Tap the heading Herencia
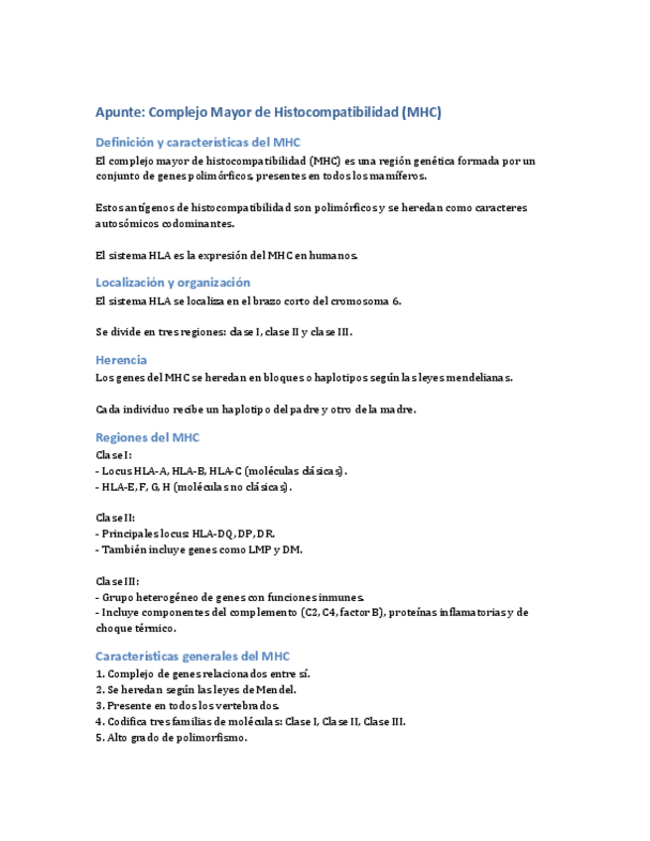pos(121,359)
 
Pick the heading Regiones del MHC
pos(147,436)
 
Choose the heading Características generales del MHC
pos(193,656)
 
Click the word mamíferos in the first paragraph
pos(394,176)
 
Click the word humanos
pos(330,255)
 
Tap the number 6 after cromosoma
pos(396,300)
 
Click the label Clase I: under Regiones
pos(114,455)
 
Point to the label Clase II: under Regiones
pos(116,518)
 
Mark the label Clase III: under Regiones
pos(118,580)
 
